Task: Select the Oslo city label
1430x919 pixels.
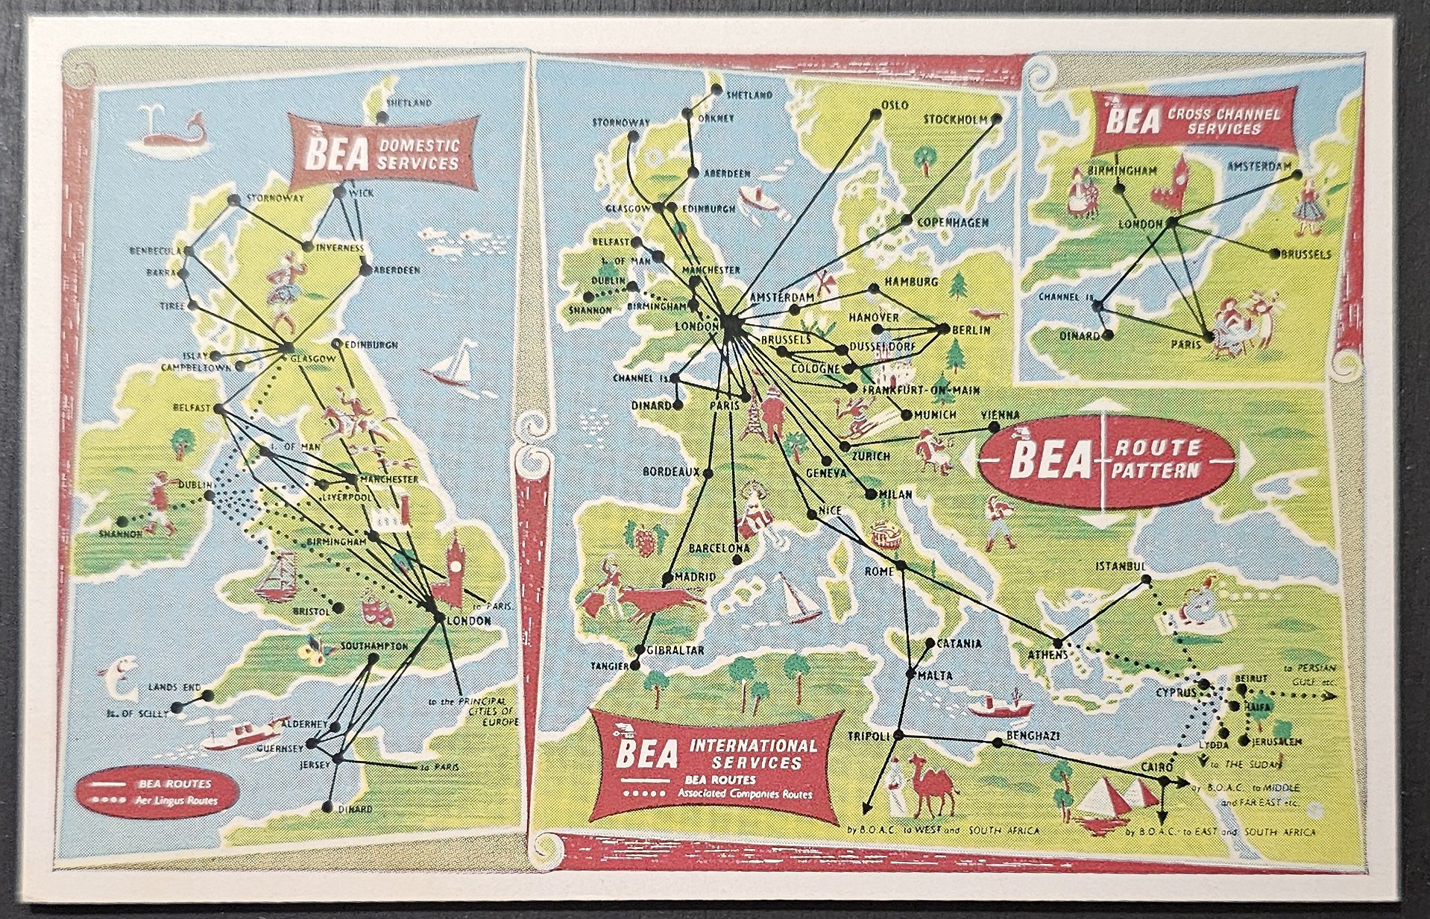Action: point(895,105)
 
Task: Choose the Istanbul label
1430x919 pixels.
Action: point(1119,567)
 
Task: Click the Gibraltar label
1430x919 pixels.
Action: point(675,650)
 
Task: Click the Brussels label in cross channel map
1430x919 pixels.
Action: point(1305,254)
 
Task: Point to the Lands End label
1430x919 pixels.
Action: point(172,686)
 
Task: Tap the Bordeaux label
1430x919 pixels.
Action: point(672,472)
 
